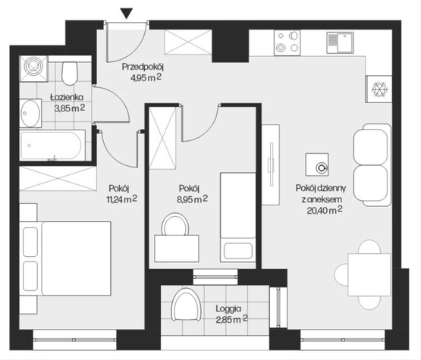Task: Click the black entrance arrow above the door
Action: point(126,14)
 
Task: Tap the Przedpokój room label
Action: point(143,66)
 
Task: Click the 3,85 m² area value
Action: point(70,108)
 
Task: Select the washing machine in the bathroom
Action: point(33,68)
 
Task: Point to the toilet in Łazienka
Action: point(70,74)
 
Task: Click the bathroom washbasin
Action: point(30,113)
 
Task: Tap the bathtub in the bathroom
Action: point(52,145)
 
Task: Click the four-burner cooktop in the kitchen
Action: point(287,42)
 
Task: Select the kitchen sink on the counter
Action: point(340,42)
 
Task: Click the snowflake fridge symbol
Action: point(379,89)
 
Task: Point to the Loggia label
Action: point(228,308)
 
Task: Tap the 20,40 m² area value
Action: point(325,210)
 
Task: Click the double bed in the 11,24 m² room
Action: point(65,258)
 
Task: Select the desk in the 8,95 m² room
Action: point(177,249)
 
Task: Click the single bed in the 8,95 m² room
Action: point(238,218)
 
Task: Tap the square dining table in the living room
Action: point(369,274)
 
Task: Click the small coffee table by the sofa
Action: point(317,164)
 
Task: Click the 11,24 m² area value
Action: point(121,199)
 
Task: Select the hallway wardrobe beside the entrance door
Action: point(188,42)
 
